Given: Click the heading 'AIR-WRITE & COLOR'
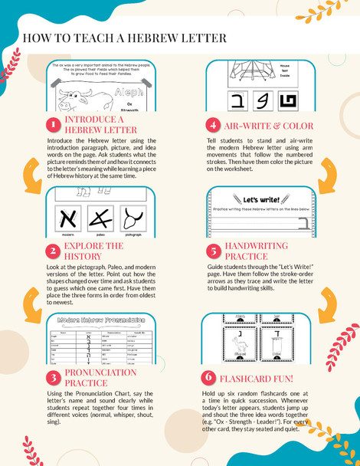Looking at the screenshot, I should pos(265,125).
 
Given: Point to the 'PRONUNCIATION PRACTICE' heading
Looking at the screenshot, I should pos(100,377).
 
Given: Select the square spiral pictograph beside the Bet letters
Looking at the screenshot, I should pos(290,99).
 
